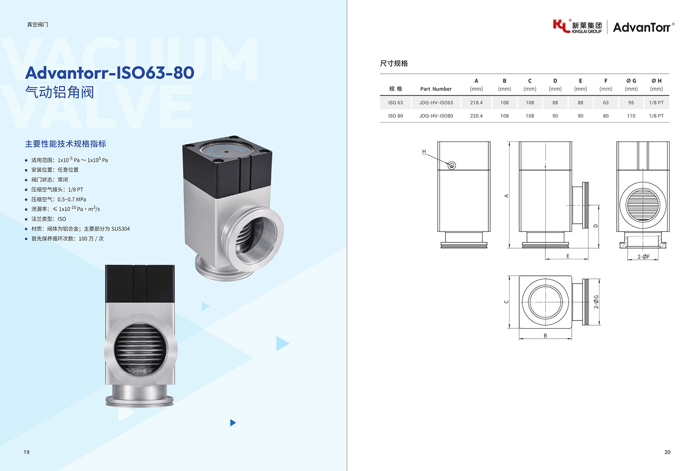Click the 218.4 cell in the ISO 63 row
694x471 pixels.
click(476, 102)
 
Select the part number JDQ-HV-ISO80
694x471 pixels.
click(436, 116)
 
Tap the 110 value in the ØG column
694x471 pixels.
click(631, 116)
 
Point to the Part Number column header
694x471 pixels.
click(436, 89)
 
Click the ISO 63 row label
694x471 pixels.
click(396, 102)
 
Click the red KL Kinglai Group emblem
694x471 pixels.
click(561, 26)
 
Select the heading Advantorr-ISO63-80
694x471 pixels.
click(110, 72)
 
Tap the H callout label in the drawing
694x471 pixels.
click(424, 151)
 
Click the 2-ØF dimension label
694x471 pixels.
click(644, 257)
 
